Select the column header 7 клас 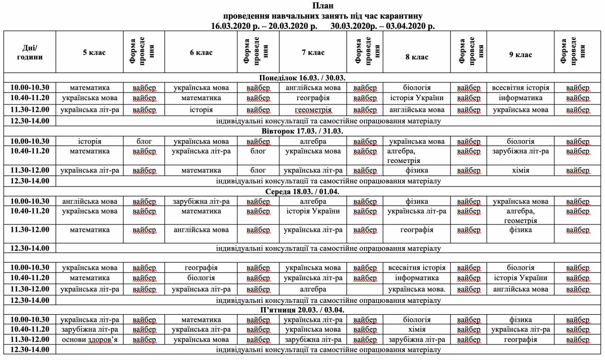pos(313,53)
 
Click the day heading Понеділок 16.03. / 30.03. pos(302,78)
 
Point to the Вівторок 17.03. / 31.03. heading pos(302,131)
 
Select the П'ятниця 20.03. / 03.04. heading pos(302,310)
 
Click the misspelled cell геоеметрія pos(313,110)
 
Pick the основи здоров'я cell pos(90,339)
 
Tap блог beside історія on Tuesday pos(144,141)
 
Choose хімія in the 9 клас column pos(520,170)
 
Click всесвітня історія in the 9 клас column pos(520,88)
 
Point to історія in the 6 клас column pos(201,110)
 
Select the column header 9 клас pos(520,55)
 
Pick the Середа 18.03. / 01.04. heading pos(302,191)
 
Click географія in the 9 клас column pos(520,339)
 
